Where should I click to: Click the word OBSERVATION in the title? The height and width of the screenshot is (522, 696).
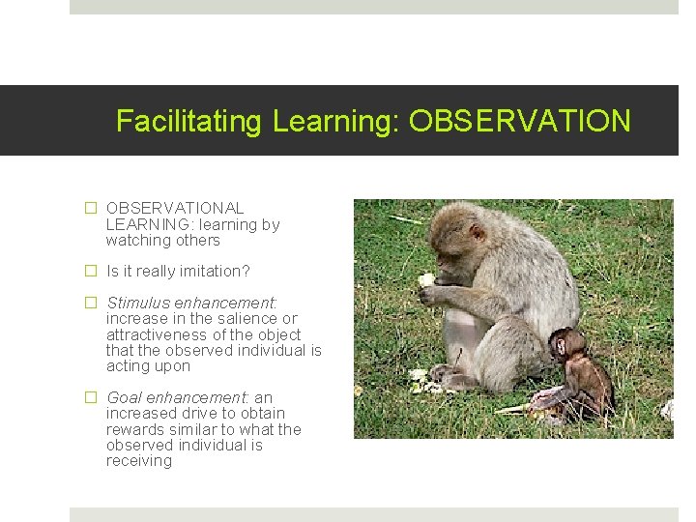[519, 121]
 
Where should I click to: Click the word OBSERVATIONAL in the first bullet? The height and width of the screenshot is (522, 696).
[175, 208]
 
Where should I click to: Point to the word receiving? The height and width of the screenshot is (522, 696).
[139, 461]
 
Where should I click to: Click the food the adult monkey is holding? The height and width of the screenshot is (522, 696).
[426, 279]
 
